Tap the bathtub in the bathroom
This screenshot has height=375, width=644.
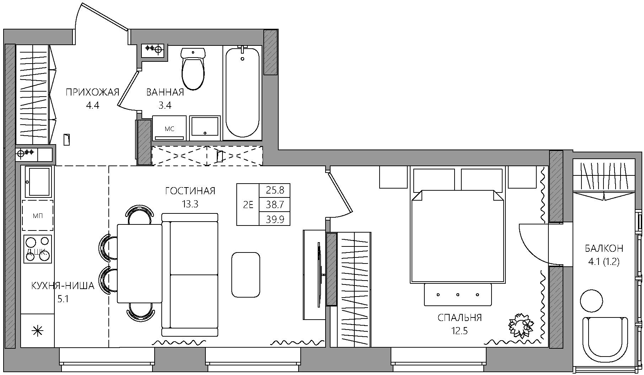coord(242,93)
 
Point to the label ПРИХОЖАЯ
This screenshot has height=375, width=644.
coord(92,93)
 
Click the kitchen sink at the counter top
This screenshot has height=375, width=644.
coord(37,181)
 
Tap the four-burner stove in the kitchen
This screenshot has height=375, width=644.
coord(38,249)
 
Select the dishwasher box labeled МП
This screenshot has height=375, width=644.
coord(38,216)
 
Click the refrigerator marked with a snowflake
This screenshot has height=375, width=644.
coord(37,331)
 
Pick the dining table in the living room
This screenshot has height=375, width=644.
coord(139,263)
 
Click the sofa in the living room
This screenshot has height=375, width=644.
coord(190,275)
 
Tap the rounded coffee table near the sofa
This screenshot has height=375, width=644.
coord(246,275)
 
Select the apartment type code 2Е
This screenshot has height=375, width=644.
coord(248,205)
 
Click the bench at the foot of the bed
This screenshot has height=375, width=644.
coord(458,294)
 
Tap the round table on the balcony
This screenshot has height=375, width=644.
coord(591,301)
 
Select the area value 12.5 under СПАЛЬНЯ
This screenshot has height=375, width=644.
coord(460,331)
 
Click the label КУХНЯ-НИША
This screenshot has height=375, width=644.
coord(63,286)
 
